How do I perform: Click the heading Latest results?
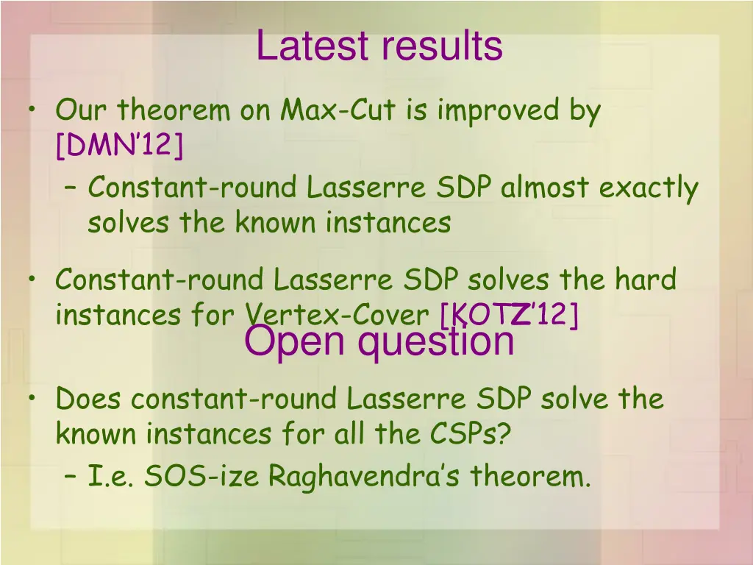tap(379, 46)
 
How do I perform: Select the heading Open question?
tap(379, 341)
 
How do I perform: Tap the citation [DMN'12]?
tap(119, 146)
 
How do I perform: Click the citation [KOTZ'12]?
tap(509, 316)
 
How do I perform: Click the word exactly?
tap(648, 188)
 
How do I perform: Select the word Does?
tap(90, 399)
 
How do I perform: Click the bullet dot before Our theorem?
tap(33, 111)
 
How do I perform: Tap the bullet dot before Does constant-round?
tap(33, 399)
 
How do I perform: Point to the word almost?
tap(546, 188)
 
